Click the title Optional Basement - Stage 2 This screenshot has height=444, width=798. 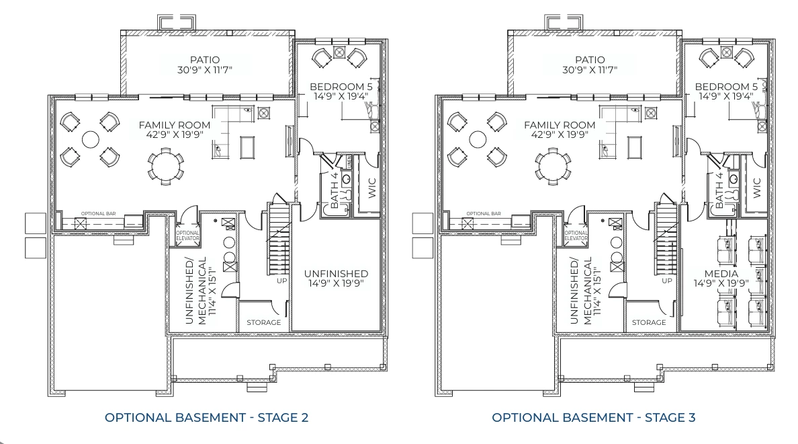(206, 418)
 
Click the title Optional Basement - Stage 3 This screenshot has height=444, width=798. (593, 418)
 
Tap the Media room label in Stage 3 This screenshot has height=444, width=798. (721, 274)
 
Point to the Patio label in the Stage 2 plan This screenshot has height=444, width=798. (205, 60)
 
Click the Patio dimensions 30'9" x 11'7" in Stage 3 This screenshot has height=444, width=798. (590, 70)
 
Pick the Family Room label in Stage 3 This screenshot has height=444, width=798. (560, 125)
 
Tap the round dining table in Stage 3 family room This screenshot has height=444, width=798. (551, 166)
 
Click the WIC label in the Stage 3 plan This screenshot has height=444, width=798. (758, 187)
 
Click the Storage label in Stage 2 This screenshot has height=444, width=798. (264, 323)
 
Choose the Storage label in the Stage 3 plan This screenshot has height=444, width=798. (649, 323)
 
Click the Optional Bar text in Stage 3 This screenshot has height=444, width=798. (484, 214)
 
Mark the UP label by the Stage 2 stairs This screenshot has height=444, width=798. (282, 280)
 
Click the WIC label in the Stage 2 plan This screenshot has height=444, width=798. (372, 187)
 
